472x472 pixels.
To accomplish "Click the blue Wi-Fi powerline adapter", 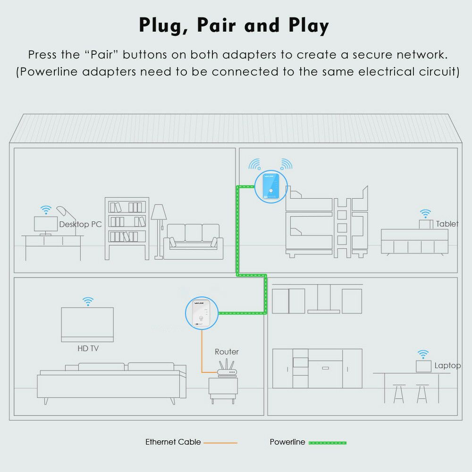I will [x=270, y=186].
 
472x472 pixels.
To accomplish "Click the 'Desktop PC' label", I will [x=80, y=225].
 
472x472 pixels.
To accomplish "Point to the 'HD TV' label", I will [x=88, y=349].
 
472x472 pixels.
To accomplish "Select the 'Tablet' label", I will [x=447, y=224].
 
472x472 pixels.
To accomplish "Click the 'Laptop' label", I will [x=447, y=365].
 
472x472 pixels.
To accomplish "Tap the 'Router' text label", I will [x=227, y=352].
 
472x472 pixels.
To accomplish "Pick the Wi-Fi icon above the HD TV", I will [x=88, y=301].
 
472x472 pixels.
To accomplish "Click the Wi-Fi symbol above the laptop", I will [x=423, y=354].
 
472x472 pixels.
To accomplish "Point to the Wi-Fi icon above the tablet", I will [x=426, y=213].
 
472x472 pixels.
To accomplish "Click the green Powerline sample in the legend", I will [x=327, y=443].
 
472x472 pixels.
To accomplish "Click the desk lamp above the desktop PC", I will [x=62, y=212].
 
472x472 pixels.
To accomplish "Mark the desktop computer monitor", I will [x=46, y=224].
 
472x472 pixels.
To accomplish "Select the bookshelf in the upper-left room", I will [x=126, y=228].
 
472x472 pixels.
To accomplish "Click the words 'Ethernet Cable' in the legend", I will [x=173, y=442].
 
